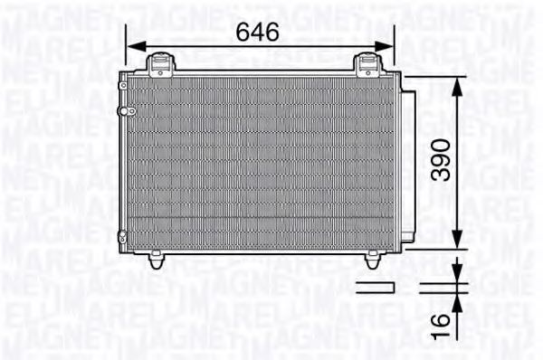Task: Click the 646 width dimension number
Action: coord(257,32)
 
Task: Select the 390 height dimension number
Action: coord(440,161)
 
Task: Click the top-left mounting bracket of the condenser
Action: coord(160,64)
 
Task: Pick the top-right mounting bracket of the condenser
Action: coord(367,64)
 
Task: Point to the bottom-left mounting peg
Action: coord(157,261)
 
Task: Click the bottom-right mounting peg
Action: coord(373,261)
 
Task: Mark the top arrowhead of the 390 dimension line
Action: coord(460,84)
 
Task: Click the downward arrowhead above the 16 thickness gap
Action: coord(460,275)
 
